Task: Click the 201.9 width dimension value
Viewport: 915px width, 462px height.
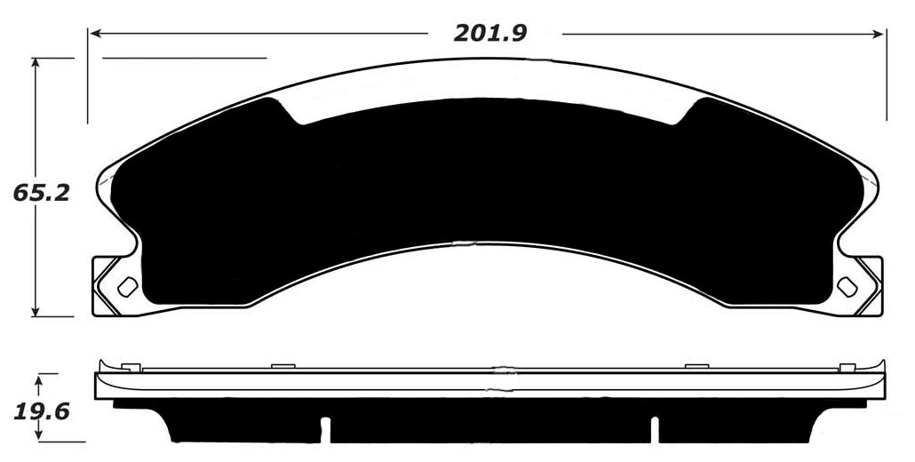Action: coord(490,34)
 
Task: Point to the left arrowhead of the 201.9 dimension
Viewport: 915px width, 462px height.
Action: coord(93,34)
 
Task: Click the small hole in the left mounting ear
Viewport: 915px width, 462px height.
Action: coord(127,286)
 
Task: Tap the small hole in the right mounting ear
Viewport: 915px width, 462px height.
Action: coord(847,286)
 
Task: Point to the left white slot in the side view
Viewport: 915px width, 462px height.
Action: coord(326,428)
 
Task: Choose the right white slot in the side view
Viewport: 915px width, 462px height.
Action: coord(654,428)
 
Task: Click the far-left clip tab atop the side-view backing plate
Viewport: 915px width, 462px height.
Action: coord(131,366)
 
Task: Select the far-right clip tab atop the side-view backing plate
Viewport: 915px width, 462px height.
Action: coord(847,366)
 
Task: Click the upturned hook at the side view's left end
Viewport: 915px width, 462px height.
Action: coord(103,365)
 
